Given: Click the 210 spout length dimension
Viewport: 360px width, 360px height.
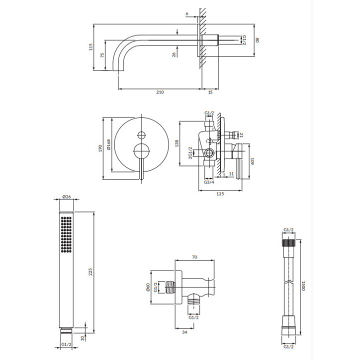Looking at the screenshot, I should tap(160, 92).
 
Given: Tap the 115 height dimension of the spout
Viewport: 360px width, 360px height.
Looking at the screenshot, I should tap(91, 47).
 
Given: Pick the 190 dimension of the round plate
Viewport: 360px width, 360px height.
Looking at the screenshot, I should tap(100, 148).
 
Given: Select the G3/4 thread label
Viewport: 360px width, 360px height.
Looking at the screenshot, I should tap(209, 182).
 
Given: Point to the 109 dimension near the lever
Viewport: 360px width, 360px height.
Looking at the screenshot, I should tap(253, 161).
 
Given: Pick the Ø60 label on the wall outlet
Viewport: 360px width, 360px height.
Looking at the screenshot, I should tap(148, 288).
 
